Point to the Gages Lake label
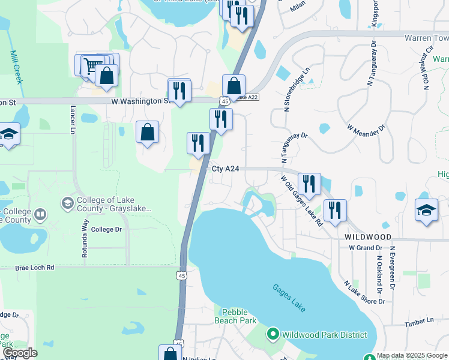point(289,298)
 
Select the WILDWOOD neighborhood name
point(368,237)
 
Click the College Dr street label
point(106,229)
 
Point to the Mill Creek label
point(14,65)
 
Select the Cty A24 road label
point(226,169)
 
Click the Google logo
point(20,353)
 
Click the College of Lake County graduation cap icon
point(68,204)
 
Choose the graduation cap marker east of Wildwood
point(426,210)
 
